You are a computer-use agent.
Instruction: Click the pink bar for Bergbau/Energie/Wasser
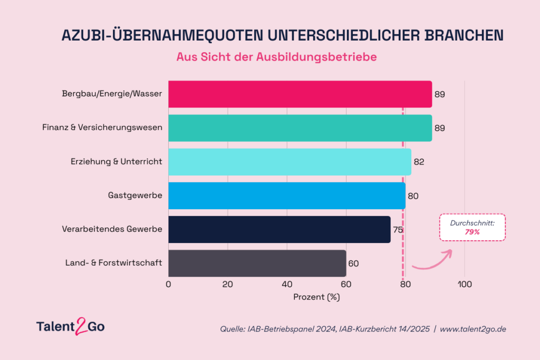(300, 94)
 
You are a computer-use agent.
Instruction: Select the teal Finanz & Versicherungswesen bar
(300, 128)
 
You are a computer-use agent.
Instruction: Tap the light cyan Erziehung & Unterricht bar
(290, 162)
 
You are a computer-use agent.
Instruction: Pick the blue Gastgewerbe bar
(287, 196)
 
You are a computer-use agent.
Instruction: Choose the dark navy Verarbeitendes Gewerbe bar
(279, 230)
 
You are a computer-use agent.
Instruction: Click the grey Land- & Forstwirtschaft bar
(257, 264)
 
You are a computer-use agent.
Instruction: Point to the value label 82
(419, 162)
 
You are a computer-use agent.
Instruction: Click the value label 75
(398, 230)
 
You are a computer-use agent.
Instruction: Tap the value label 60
(354, 264)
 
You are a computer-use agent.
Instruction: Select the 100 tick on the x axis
(465, 284)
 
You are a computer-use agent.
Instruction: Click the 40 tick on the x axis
(287, 284)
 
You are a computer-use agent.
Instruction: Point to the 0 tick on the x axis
(168, 284)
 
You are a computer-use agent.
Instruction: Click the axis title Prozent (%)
(316, 297)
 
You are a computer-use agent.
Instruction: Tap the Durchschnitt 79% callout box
(472, 228)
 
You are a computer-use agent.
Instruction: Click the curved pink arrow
(435, 262)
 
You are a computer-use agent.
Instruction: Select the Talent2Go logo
(71, 326)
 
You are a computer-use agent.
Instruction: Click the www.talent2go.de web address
(473, 329)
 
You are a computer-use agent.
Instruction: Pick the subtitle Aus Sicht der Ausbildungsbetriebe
(276, 57)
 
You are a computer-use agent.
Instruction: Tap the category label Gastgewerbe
(135, 196)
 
